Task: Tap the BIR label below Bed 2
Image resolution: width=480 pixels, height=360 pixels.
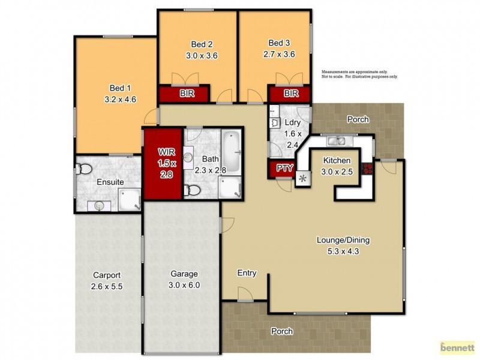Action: click(184, 94)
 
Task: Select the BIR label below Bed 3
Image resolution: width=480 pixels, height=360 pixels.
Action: click(290, 94)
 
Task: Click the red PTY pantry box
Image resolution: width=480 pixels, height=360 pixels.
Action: click(284, 169)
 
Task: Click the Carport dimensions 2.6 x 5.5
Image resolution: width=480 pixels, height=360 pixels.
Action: click(106, 287)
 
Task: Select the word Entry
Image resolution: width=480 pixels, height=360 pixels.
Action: click(247, 273)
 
